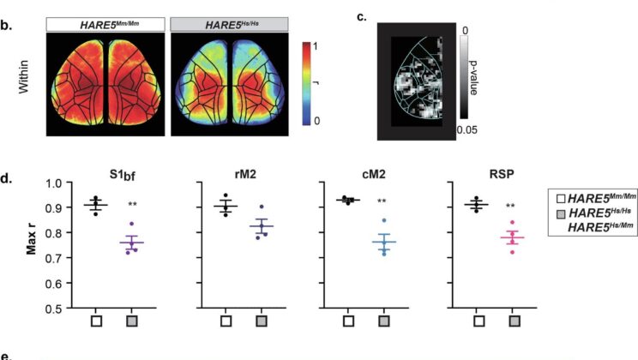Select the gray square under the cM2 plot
(x=390, y=321)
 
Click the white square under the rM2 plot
(x=226, y=321)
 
